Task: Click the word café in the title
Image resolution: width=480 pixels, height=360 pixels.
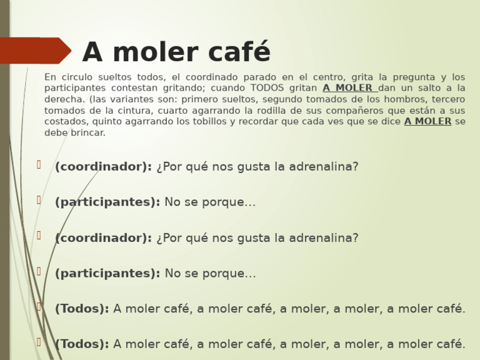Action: [x=236, y=52]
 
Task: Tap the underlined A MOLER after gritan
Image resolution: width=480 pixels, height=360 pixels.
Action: [x=348, y=88]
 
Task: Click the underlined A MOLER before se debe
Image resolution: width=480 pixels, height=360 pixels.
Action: [x=427, y=122]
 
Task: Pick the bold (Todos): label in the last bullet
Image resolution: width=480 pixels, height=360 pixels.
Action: [x=82, y=344]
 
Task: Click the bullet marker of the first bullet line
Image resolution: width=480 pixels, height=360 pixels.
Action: [x=39, y=165]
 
